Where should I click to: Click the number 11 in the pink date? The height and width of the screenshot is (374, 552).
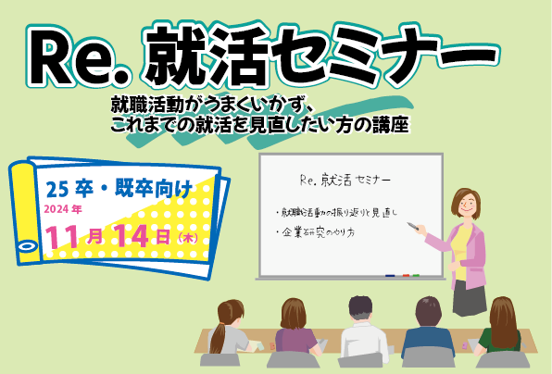pos(64,237)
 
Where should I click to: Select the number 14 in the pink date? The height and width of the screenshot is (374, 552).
pos(131,235)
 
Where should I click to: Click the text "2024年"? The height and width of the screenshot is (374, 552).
pos(63,209)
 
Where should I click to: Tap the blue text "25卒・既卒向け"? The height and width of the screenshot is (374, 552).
pos(119,189)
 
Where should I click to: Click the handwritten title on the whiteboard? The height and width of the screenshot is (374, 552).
pos(345,181)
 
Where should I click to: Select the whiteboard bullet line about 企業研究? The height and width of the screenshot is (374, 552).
pos(316,232)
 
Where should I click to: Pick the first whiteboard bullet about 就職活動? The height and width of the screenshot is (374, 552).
pos(336,213)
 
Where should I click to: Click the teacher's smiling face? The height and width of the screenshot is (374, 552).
pos(467,206)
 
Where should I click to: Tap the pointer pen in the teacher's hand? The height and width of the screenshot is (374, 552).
pos(413,226)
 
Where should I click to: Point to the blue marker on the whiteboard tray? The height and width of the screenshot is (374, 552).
pos(390,276)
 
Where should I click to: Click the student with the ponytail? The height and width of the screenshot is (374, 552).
pos(228,330)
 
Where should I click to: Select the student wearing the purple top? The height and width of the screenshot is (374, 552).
pos(295,329)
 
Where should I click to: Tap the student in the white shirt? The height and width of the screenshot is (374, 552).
pos(362,328)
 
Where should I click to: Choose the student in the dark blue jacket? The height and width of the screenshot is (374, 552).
pos(428,328)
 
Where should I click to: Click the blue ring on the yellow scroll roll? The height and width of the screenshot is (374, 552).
pos(27,245)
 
